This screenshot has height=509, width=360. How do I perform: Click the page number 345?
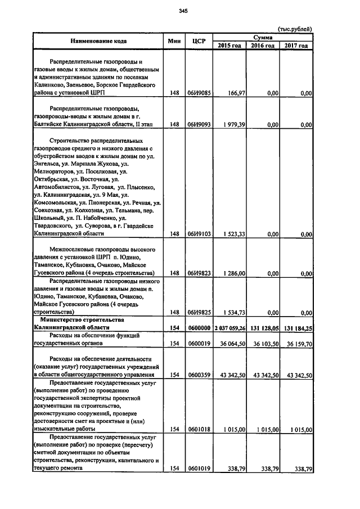click(183, 11)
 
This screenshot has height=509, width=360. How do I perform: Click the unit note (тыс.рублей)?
click(295, 29)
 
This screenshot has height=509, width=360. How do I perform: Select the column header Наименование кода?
click(98, 41)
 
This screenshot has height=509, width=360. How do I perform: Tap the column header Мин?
click(174, 41)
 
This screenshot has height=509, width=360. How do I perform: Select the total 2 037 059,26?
click(229, 327)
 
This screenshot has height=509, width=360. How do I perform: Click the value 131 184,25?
click(298, 327)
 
